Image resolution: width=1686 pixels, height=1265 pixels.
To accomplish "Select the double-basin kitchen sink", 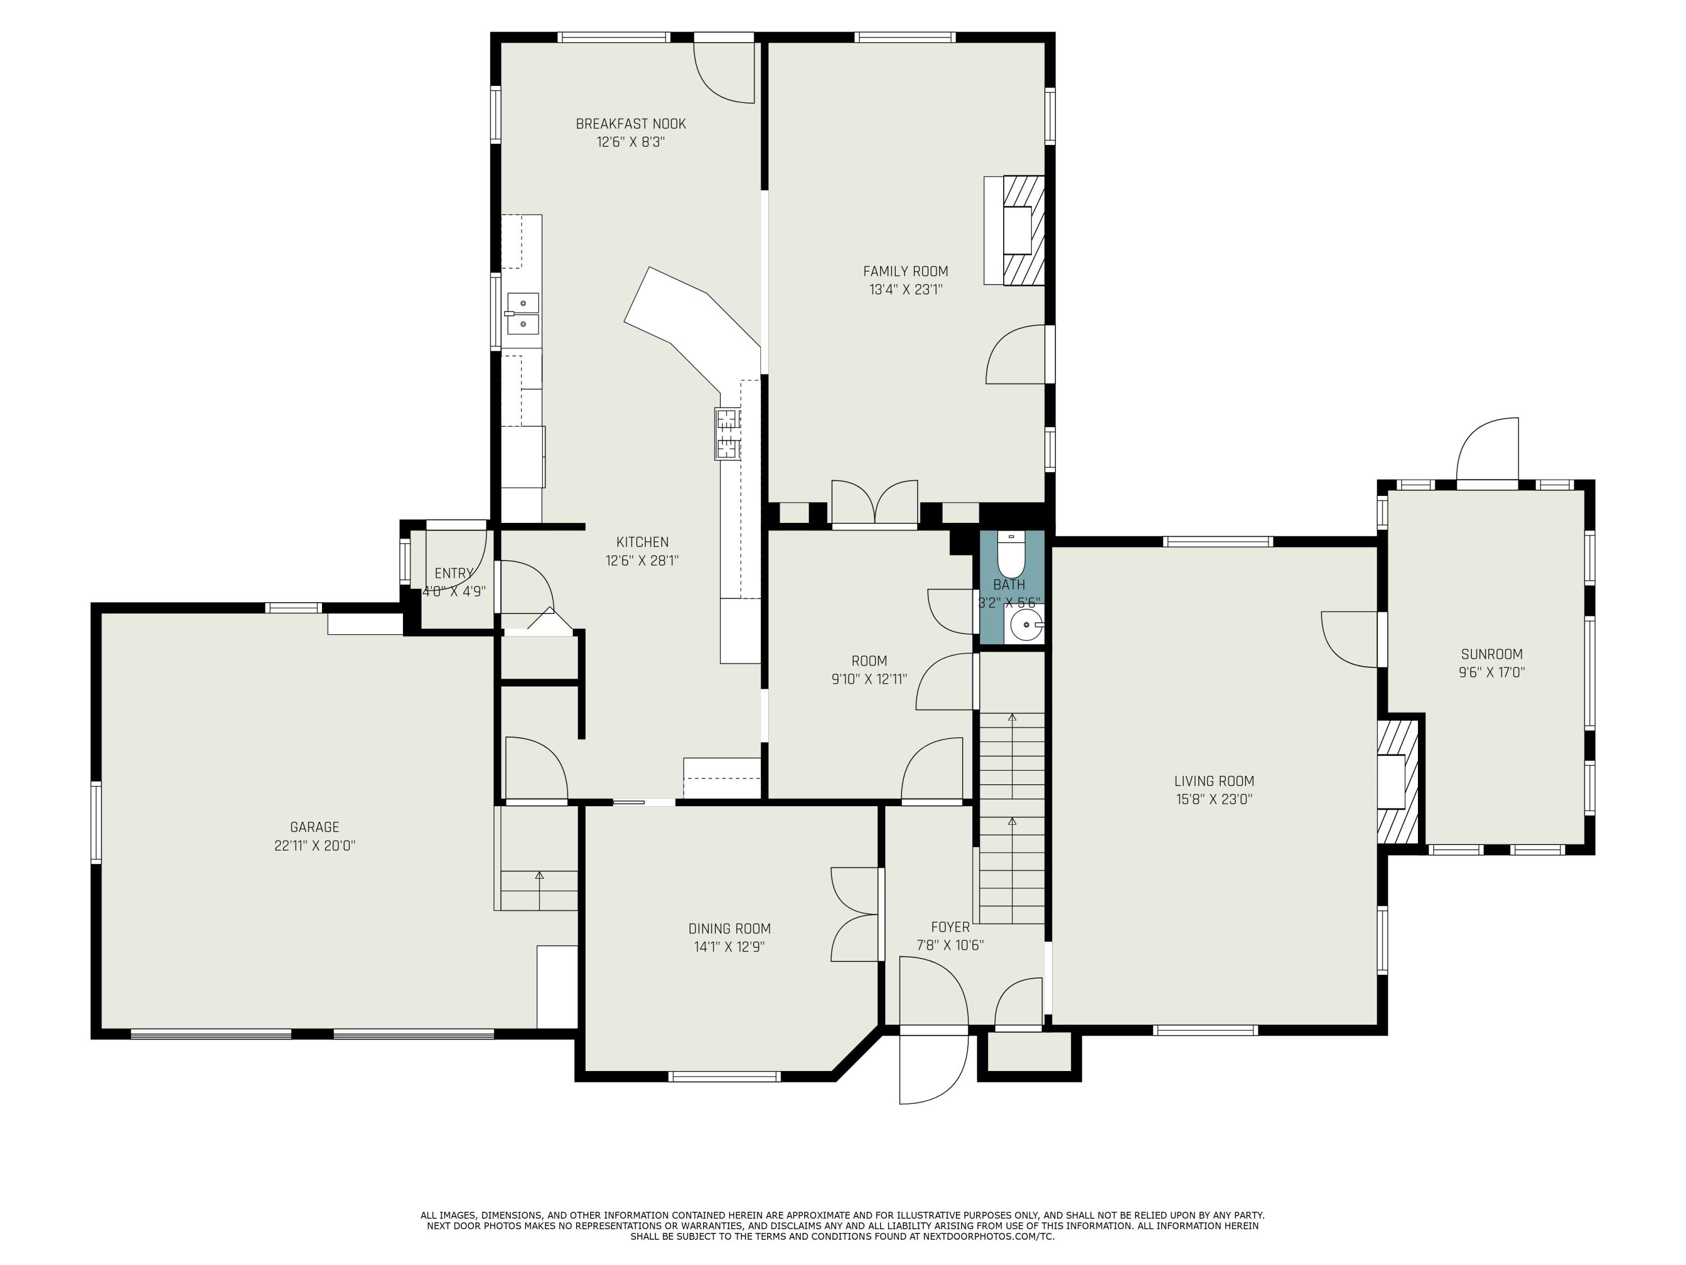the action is point(523,314).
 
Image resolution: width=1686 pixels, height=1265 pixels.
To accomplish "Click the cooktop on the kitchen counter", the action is point(727,434).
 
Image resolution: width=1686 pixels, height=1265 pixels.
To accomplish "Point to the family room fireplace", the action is point(1014,231).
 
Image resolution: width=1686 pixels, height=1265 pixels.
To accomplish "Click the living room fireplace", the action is point(1397,781).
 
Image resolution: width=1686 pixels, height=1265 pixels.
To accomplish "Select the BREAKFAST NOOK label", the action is point(631,124).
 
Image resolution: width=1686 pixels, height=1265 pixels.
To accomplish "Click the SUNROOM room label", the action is point(1492,654).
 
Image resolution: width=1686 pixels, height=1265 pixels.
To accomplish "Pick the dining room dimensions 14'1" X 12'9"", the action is point(729,947).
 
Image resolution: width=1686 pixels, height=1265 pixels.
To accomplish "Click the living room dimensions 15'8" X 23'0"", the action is point(1214,799).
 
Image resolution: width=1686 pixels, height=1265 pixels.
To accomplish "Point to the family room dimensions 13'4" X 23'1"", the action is point(905,289).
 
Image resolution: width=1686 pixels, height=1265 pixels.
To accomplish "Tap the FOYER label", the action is point(950,927).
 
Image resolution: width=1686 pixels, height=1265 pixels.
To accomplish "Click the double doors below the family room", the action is point(874,503).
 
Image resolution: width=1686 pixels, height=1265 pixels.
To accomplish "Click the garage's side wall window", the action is point(96,822).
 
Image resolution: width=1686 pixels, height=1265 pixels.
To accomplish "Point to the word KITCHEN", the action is point(642,542).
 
